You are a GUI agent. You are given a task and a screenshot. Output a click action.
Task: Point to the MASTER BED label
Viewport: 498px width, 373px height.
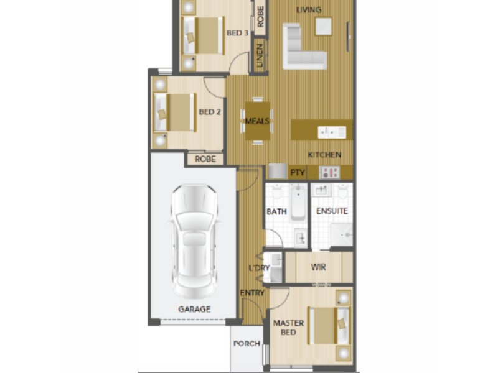289,328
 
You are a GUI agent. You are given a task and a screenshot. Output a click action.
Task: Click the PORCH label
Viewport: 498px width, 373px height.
246,344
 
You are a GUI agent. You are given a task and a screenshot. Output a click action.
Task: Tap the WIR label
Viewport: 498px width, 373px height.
317,267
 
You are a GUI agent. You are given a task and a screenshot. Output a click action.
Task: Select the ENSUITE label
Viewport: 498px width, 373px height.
332,211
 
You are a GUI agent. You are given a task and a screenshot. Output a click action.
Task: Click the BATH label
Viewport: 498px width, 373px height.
277,211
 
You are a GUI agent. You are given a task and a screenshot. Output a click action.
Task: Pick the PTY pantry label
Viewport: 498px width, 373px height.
298,172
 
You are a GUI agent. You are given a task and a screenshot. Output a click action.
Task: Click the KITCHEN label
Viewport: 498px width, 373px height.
324,154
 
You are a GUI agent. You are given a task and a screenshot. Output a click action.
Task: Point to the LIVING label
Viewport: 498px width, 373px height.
309,9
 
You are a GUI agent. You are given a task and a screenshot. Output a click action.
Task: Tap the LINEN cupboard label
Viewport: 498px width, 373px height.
260,55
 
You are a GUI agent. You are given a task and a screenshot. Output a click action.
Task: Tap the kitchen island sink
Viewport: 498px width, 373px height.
332,131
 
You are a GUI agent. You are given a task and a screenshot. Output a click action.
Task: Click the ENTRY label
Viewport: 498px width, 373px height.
252,292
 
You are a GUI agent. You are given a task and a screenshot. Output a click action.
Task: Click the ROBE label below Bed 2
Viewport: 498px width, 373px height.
205,159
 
